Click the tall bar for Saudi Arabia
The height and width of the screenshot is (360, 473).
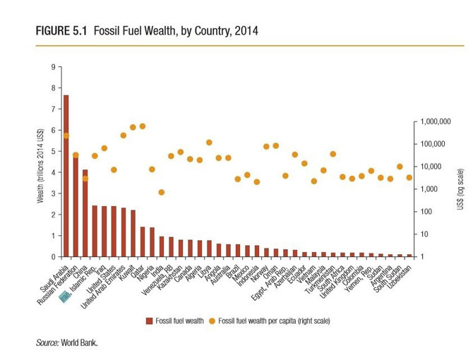pyautogui.click(x=66, y=176)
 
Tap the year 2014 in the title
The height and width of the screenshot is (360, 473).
pyautogui.click(x=249, y=32)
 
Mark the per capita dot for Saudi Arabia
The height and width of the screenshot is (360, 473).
pyautogui.click(x=66, y=136)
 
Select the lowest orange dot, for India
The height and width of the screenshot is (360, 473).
pyautogui.click(x=161, y=192)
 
